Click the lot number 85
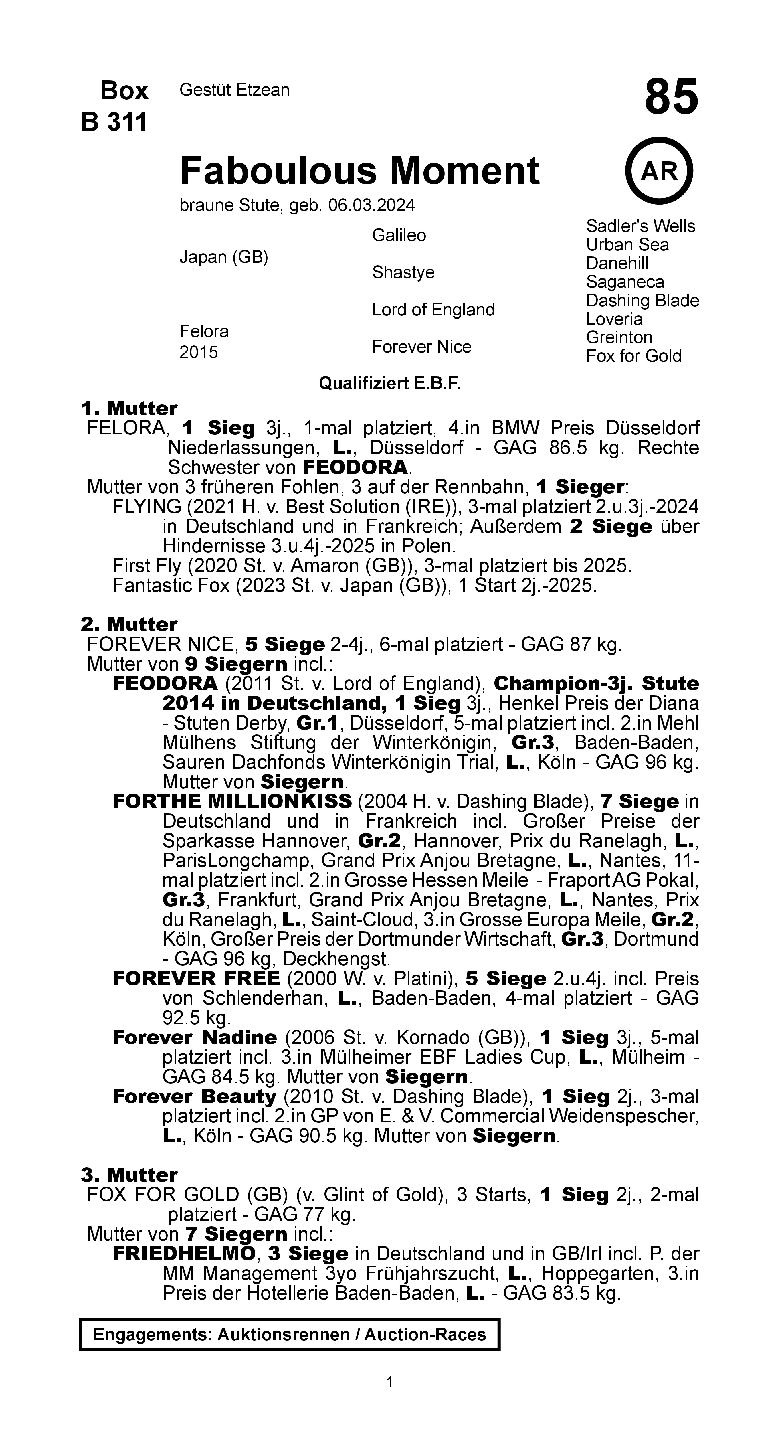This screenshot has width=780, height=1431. (671, 97)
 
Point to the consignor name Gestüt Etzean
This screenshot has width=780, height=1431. (234, 90)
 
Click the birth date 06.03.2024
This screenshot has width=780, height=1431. (371, 205)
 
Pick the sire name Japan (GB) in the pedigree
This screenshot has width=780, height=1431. (223, 257)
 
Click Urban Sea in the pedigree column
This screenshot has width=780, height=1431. (627, 245)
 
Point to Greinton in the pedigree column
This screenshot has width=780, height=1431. (619, 338)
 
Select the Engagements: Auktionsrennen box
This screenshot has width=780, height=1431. (290, 1335)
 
